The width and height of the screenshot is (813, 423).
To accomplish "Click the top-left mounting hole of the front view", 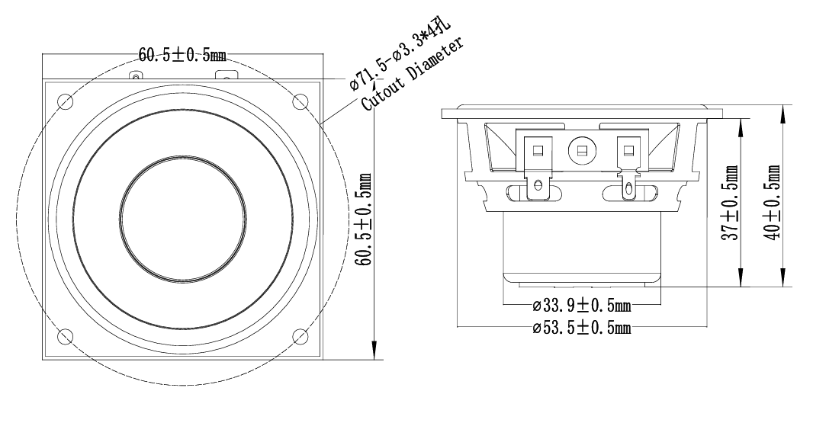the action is click(66, 101).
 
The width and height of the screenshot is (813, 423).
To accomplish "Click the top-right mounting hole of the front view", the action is click(300, 101).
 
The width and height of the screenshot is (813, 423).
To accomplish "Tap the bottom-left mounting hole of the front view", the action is click(66, 336).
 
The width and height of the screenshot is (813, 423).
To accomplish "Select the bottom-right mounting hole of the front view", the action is click(300, 336).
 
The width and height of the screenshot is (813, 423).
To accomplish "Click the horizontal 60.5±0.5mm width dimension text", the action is click(182, 54).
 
